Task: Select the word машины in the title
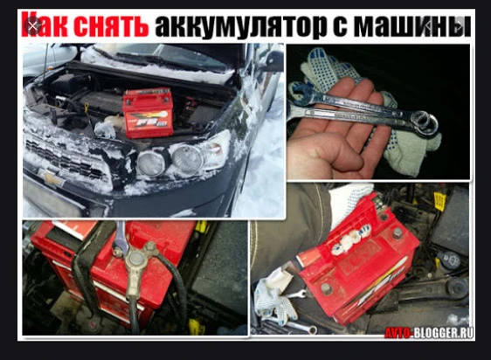pyautogui.click(x=412, y=25)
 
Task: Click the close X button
pyautogui.click(x=32, y=26)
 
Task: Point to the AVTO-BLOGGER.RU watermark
pyautogui.click(x=429, y=332)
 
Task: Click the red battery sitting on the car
pyautogui.click(x=148, y=113)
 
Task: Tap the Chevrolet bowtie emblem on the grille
pyautogui.click(x=49, y=177)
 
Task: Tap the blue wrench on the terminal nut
pyautogui.click(x=121, y=239)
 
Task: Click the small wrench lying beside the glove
pyautogui.click(x=296, y=294)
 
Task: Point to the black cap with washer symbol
pyautogui.click(x=450, y=260)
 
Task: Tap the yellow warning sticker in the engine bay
pyautogui.click(x=439, y=202)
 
